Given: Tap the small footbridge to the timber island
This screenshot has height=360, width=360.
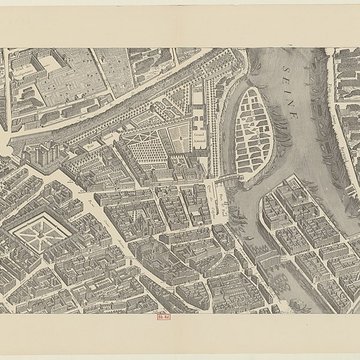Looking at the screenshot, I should (229, 179).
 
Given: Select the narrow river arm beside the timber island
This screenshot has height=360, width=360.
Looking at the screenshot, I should (232, 130).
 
